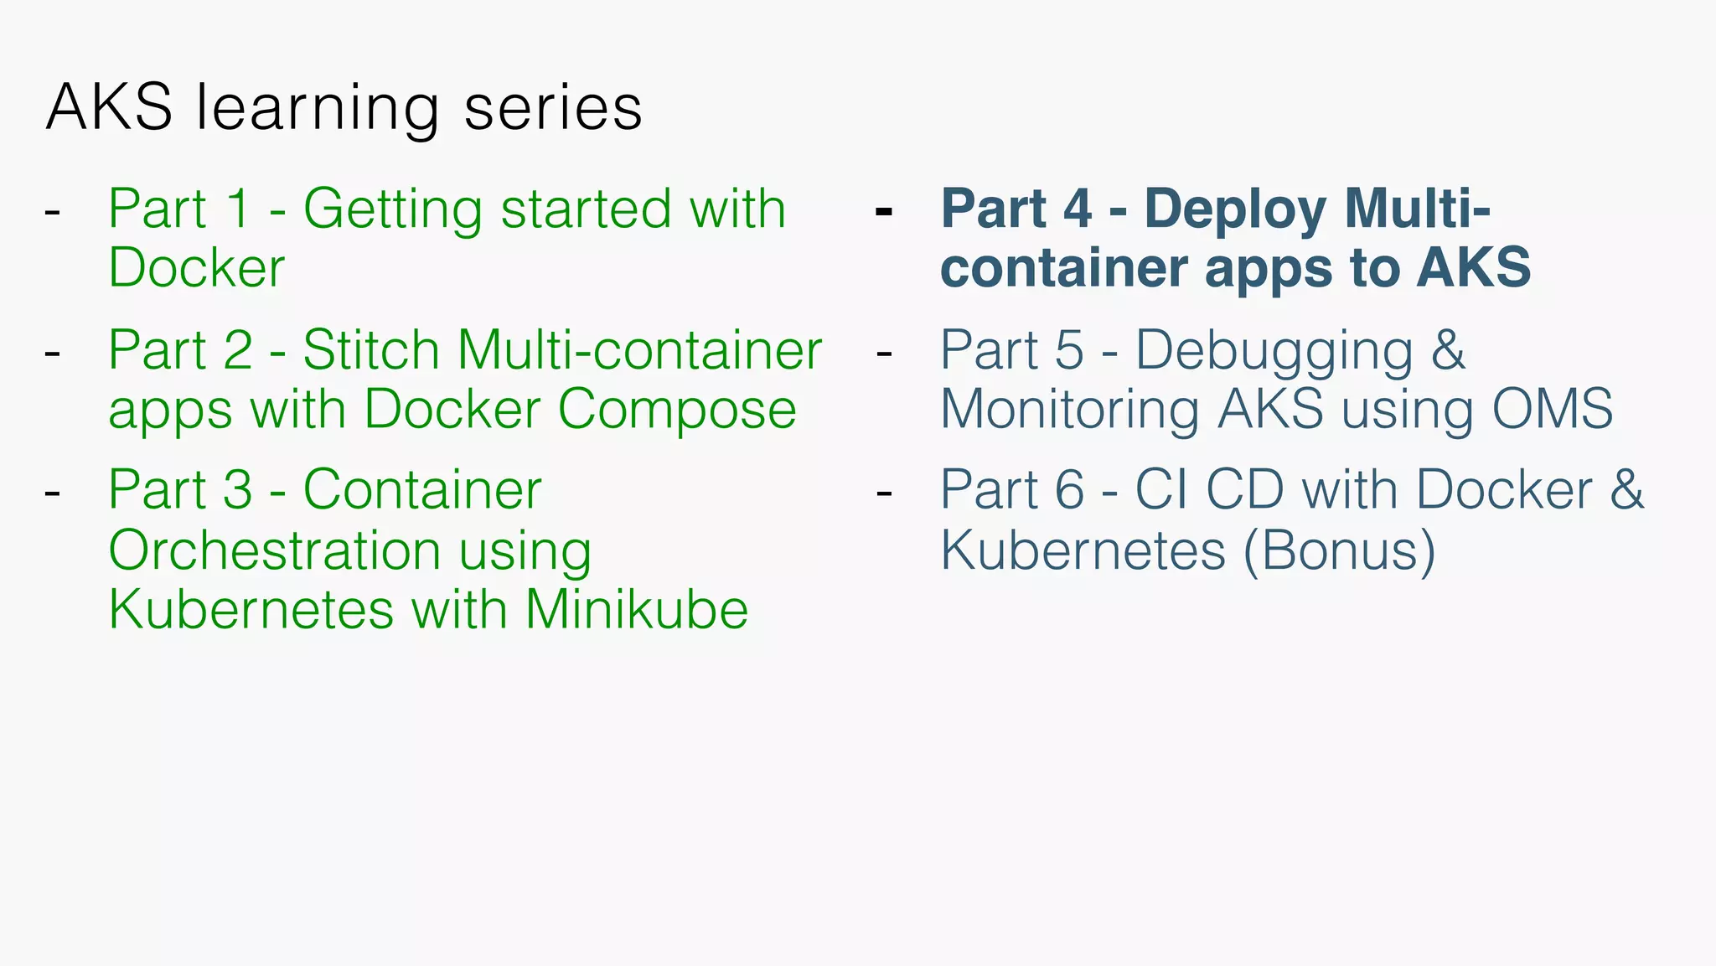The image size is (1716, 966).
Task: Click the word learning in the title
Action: pos(318,110)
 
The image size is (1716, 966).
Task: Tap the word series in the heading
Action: pos(553,108)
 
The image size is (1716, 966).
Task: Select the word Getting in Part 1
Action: pos(392,209)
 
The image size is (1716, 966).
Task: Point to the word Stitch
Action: pos(370,349)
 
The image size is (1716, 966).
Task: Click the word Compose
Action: pos(677,409)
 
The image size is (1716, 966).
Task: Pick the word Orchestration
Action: pos(275,550)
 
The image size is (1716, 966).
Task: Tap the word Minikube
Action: pos(637,609)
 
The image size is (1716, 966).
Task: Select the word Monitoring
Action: pos(1071,411)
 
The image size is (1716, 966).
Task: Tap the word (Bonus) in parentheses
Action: pos(1339,550)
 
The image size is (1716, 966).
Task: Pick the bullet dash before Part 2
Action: pos(52,353)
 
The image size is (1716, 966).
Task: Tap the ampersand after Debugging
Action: pos(1448,349)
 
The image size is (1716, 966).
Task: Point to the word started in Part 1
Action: pos(586,209)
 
